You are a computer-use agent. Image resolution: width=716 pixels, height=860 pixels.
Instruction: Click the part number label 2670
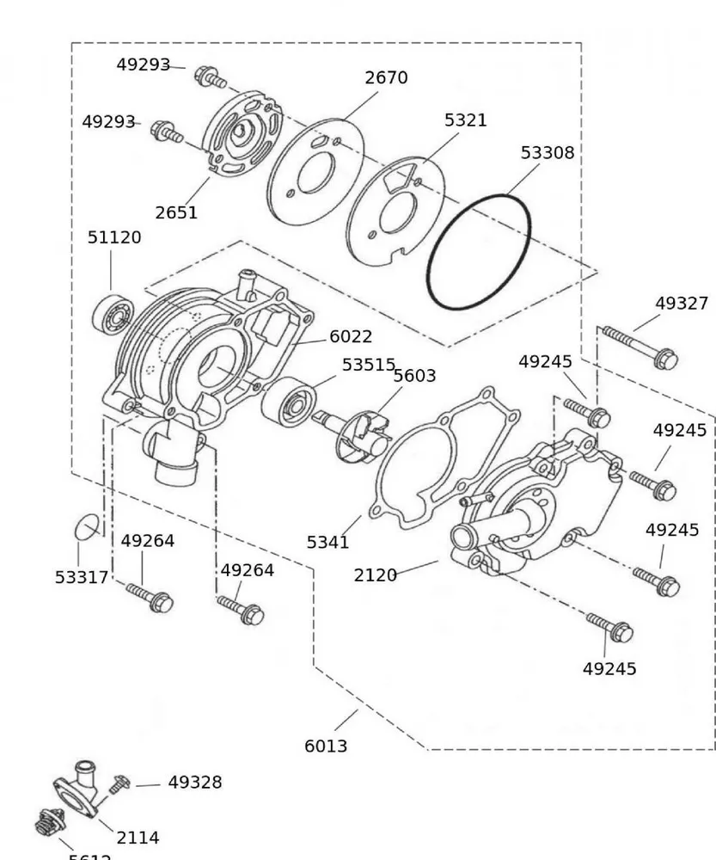[386, 77]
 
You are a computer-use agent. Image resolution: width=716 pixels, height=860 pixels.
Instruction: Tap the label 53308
[548, 152]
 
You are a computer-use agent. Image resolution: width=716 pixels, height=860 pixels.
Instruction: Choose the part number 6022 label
[351, 337]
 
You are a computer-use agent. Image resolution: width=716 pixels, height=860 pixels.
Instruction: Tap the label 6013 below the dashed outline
[326, 746]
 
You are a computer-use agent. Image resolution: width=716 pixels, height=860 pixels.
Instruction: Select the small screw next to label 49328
[119, 783]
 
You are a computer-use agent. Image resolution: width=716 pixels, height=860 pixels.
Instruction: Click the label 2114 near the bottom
[138, 837]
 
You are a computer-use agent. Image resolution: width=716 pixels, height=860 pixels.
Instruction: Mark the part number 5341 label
[328, 543]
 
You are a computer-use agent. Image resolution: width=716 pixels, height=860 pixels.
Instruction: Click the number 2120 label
[376, 574]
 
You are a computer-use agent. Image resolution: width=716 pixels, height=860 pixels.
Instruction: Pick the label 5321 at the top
[465, 120]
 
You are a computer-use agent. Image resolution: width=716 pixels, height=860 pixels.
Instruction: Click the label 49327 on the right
[682, 303]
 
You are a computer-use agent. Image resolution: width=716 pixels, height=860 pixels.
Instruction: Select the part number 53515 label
[368, 365]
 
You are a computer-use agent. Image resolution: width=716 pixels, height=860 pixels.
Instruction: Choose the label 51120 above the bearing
[114, 236]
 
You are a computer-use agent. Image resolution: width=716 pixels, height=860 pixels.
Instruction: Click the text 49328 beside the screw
[194, 783]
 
